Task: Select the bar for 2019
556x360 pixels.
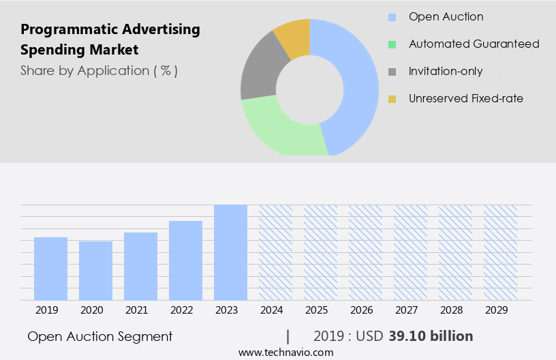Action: [x=50, y=269]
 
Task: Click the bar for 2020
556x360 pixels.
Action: [x=95, y=271]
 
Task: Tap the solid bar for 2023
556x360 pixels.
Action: [x=230, y=252]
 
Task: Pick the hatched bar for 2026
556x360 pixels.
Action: [x=365, y=252]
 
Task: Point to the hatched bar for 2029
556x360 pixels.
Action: [x=500, y=252]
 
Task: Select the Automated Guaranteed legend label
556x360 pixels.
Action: [x=474, y=44]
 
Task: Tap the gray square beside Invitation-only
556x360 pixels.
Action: [x=392, y=72]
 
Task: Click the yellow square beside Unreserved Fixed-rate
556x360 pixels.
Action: [x=392, y=99]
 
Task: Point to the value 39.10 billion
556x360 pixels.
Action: [x=431, y=336]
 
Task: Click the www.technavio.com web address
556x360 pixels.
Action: [x=286, y=352]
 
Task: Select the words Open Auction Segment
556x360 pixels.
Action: [x=100, y=336]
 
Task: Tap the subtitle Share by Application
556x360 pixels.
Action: [x=99, y=70]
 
